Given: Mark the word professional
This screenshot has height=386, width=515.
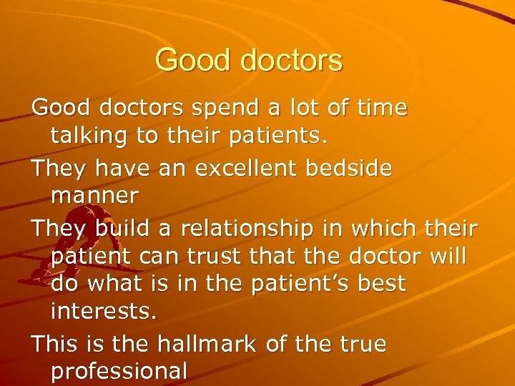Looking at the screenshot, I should coord(119,371).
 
